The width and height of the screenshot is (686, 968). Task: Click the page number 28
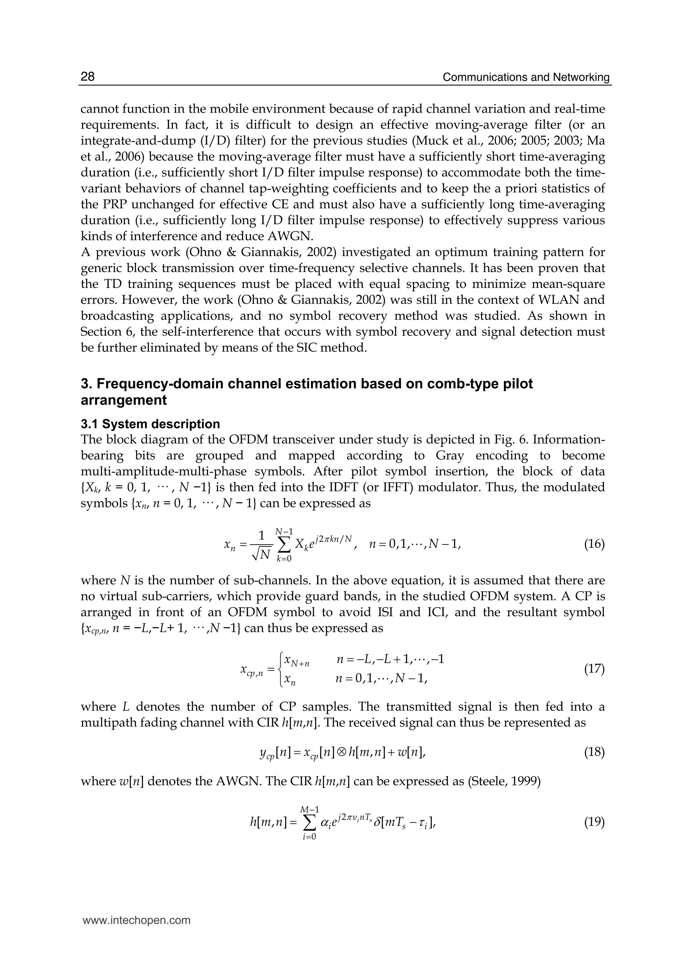coord(88,76)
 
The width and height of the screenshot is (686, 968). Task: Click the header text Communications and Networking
coord(526,77)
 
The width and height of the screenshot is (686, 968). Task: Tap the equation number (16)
coord(594,544)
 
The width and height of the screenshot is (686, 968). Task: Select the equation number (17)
coord(594,669)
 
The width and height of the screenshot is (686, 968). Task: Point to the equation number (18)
coord(594,752)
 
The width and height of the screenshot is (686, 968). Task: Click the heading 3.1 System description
coord(150,424)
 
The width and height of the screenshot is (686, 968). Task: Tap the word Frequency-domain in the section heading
coord(149,384)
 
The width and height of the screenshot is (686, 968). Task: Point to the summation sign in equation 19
coord(310,823)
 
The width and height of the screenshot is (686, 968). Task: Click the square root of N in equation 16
coord(261,554)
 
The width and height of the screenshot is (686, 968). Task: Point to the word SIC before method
coord(310,348)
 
